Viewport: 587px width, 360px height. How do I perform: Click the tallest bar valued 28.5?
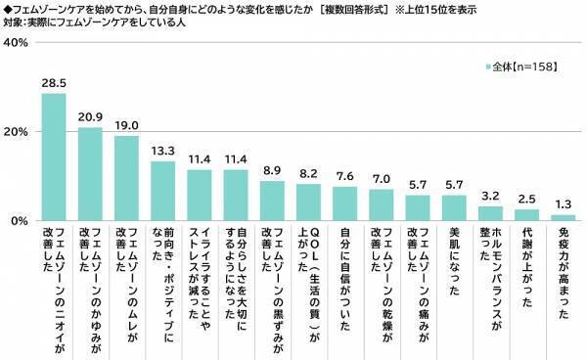(54, 157)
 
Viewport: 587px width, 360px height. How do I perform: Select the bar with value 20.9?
(90, 174)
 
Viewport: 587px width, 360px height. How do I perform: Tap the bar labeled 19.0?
(126, 179)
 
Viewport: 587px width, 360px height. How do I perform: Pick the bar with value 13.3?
(162, 192)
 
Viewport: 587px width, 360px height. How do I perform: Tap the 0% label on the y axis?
(19, 221)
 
